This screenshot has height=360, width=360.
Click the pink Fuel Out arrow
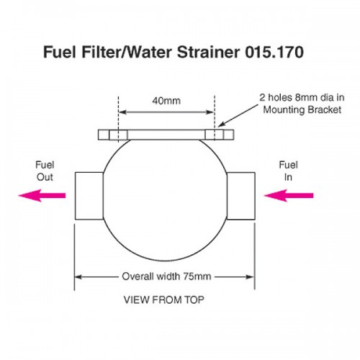42,195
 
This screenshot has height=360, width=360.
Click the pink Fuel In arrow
289,195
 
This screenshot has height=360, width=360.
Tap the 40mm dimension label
166,101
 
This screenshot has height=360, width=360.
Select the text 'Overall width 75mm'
166,276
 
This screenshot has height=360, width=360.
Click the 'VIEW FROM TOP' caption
164,300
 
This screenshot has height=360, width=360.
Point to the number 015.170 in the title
274,52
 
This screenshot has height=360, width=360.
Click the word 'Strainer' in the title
208,52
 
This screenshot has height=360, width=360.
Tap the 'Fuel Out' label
45,171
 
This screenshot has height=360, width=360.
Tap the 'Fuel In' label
288,171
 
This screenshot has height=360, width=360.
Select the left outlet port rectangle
89,196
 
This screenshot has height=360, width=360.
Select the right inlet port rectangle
240,196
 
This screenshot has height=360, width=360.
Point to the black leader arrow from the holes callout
238,116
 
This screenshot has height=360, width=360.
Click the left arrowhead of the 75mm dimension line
78,277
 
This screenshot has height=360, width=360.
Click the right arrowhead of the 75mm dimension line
251,277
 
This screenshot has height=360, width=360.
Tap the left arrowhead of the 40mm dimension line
122,112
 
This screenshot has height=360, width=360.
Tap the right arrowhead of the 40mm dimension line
210,112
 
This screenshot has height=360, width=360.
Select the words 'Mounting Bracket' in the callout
302,109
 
